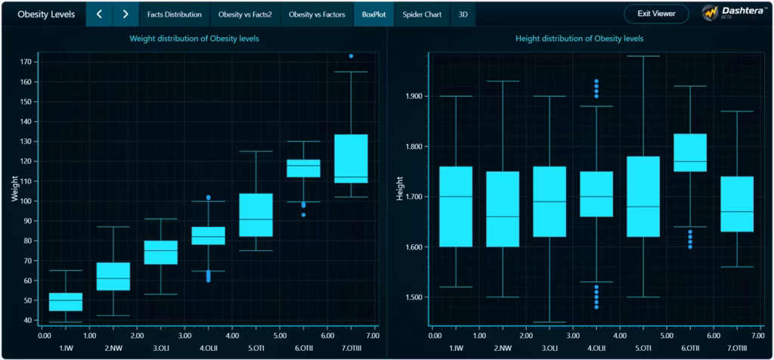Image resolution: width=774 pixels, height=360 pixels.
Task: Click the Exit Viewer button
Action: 655,14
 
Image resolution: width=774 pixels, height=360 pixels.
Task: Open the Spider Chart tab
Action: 423,14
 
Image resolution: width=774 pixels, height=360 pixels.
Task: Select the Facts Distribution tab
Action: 175,14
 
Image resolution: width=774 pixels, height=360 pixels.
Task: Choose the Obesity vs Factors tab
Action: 317,14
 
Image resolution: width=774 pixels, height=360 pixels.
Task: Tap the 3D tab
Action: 463,14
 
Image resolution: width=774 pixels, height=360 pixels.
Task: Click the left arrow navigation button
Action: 98,14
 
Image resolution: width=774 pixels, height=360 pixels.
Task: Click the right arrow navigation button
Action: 125,14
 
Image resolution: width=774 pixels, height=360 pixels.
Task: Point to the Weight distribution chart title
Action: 194,39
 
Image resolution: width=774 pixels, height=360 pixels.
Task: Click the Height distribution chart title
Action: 580,39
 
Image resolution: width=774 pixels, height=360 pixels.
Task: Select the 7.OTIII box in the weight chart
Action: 351,159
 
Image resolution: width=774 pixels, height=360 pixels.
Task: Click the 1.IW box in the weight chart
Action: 66,302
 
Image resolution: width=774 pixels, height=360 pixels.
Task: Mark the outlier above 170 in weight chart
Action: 351,56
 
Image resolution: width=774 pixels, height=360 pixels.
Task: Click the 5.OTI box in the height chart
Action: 644,197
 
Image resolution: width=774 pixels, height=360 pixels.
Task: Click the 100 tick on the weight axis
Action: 27,201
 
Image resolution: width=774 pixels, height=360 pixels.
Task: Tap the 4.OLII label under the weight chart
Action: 208,349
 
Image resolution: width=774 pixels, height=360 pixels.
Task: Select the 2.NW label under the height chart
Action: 503,349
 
